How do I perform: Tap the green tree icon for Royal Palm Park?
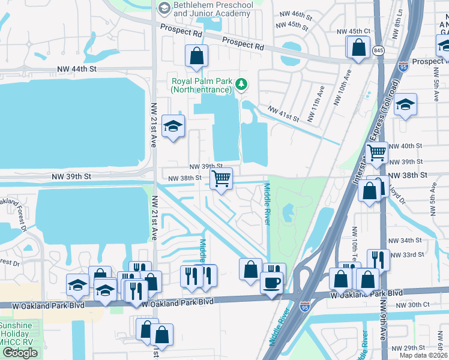click(x=241, y=85)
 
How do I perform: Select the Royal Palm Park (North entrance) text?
click(x=201, y=85)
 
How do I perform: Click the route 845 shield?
click(x=378, y=50)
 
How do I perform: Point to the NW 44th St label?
click(x=76, y=70)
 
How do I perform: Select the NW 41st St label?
click(x=283, y=114)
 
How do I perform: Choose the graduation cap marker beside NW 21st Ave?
click(x=173, y=126)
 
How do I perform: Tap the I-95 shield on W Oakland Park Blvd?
click(x=305, y=306)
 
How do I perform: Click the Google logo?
click(x=20, y=353)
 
